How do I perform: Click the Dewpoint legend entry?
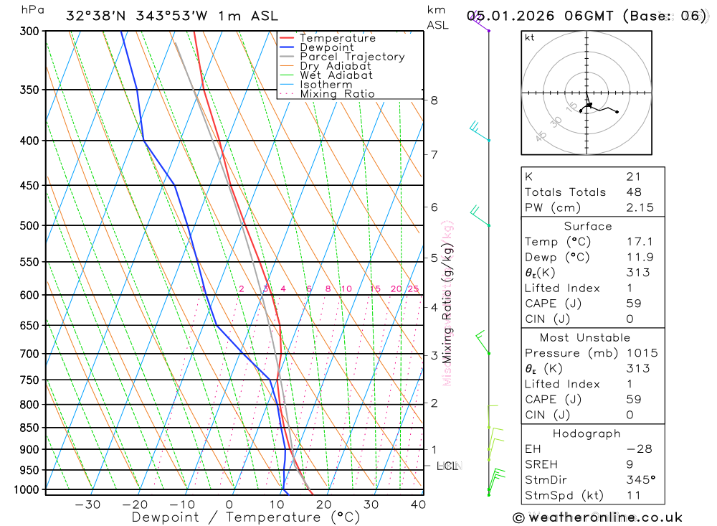click(326, 47)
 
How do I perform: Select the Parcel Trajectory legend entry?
click(352, 57)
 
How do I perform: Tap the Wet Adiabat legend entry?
click(336, 75)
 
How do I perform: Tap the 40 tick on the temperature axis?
click(417, 504)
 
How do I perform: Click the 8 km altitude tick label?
click(434, 100)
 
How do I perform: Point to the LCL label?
click(447, 466)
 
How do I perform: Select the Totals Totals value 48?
click(634, 192)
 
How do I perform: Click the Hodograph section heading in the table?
click(587, 433)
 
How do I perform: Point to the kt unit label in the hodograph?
click(530, 38)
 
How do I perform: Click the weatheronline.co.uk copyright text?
click(597, 517)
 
